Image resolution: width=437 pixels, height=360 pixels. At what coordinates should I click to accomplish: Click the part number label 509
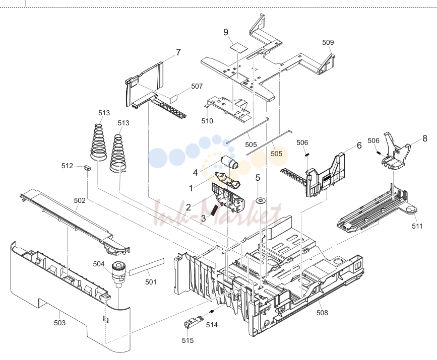tap(328, 42)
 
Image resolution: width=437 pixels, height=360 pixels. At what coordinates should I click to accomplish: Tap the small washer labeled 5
tap(261, 201)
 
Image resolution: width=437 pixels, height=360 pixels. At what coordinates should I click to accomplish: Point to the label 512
tap(67, 166)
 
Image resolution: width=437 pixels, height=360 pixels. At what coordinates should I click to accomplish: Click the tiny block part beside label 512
tap(88, 168)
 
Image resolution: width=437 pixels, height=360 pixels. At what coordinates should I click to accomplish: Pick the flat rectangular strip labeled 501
tap(147, 267)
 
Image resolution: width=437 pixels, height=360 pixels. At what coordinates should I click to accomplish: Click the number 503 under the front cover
tap(59, 323)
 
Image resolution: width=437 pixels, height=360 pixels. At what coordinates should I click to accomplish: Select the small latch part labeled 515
tap(193, 322)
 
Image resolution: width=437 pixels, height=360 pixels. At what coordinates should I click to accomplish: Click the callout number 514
tap(212, 325)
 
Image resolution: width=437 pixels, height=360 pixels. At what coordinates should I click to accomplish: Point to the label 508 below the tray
tap(322, 313)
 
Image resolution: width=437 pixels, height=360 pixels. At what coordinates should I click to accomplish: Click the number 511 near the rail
tap(417, 227)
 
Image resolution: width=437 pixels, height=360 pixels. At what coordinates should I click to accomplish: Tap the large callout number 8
tap(425, 138)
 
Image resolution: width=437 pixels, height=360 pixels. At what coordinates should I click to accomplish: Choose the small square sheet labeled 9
tap(239, 48)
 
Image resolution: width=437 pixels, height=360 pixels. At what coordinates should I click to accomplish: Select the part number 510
tap(207, 121)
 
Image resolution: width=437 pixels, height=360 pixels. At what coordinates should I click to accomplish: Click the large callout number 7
tap(178, 52)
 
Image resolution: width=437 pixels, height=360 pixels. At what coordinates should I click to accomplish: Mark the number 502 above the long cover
tap(80, 200)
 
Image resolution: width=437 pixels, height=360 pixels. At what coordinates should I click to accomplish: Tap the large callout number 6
tap(359, 146)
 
